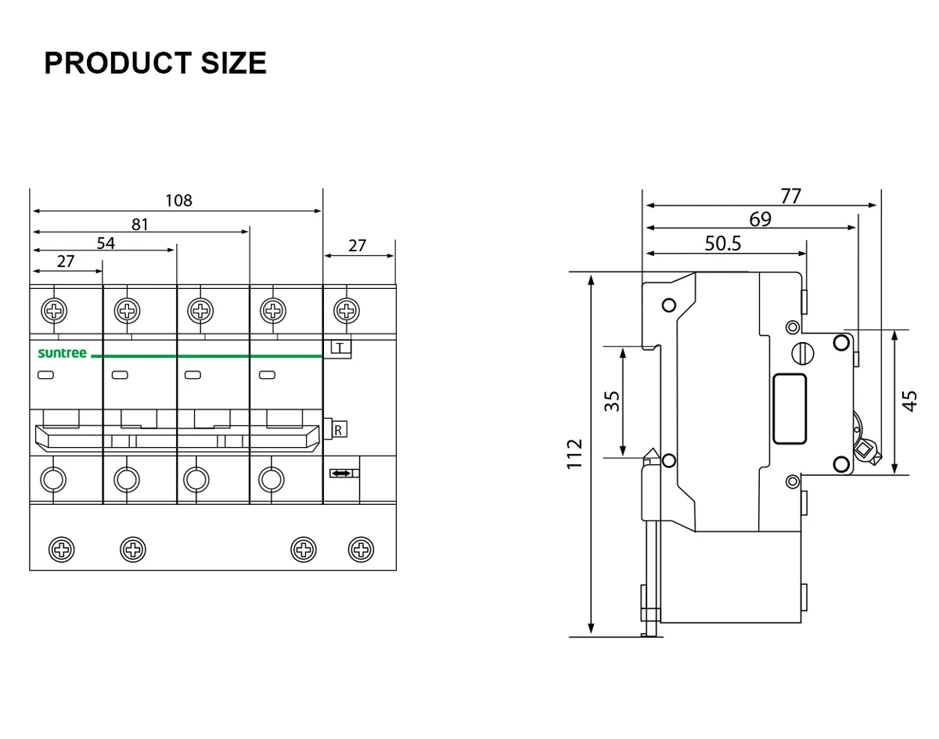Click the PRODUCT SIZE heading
(x=155, y=63)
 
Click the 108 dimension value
(x=178, y=200)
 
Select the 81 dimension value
(x=140, y=225)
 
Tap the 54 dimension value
(x=106, y=243)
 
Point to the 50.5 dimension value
(x=722, y=243)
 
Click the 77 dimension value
(x=791, y=196)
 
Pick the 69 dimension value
(x=760, y=219)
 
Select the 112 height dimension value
(x=576, y=454)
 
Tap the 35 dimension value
(x=613, y=401)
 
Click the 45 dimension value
(x=909, y=401)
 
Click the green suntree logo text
(x=63, y=354)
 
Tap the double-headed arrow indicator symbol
(x=341, y=474)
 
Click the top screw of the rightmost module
(x=347, y=311)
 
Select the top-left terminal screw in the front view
(x=54, y=311)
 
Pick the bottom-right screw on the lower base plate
(x=360, y=549)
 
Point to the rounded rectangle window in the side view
(x=789, y=409)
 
